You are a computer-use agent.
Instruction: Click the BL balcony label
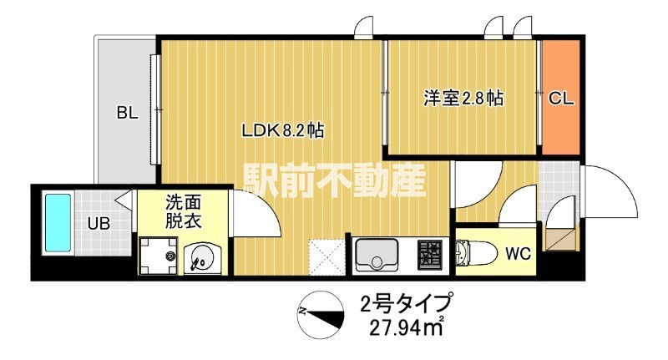127,114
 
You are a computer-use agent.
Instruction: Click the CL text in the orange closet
560,99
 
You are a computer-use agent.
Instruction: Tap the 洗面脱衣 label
183,212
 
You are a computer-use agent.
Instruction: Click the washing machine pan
159,256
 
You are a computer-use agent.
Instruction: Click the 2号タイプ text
407,302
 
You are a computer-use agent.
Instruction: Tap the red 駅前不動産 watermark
334,179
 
